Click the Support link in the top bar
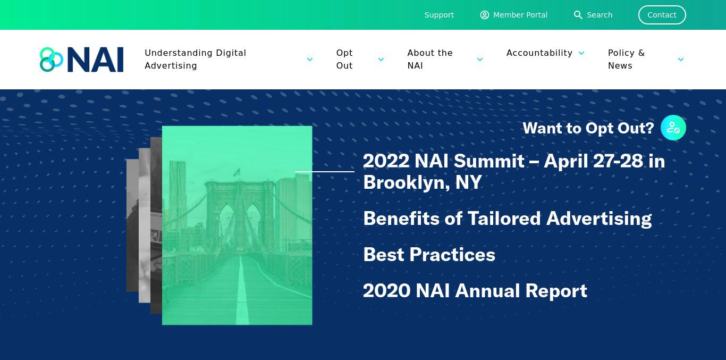439,15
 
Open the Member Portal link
520,15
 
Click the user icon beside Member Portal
485,15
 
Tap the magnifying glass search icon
578,15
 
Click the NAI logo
81,60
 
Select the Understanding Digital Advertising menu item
196,60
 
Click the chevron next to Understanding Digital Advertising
310,60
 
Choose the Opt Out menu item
344,60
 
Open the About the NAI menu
430,60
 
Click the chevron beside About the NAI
480,60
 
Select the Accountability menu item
539,53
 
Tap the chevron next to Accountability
581,53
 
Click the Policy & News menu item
627,60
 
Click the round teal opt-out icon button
673,128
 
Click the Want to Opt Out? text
588,128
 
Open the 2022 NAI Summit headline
514,172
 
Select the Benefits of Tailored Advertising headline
508,219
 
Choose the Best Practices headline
429,255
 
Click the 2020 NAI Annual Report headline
475,290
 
